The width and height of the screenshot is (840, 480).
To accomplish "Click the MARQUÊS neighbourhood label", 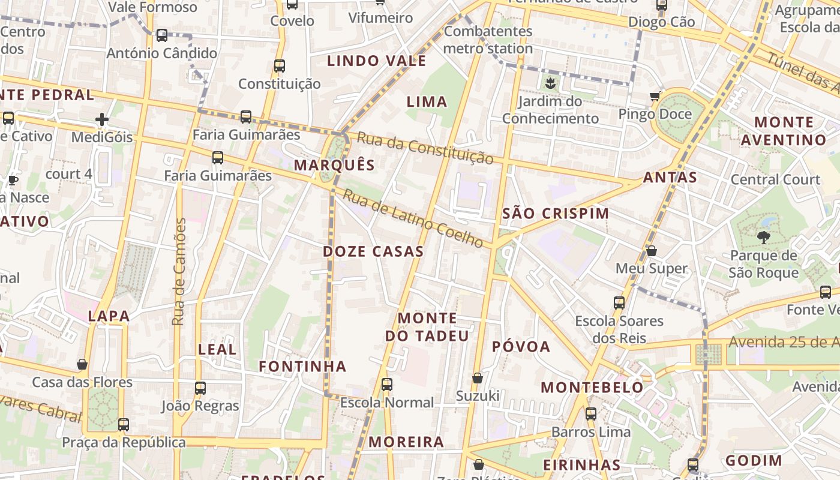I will click(334, 165).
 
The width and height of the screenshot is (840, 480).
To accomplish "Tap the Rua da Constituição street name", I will click(425, 148).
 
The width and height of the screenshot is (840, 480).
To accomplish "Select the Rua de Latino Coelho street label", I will click(413, 218).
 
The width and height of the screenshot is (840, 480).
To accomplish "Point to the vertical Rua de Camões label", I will click(179, 272).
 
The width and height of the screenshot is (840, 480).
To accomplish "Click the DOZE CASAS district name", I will click(373, 251).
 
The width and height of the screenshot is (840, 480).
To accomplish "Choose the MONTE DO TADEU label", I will click(427, 327).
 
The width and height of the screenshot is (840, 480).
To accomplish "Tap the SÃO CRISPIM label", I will click(555, 214).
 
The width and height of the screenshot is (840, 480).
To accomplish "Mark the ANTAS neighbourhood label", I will click(670, 178).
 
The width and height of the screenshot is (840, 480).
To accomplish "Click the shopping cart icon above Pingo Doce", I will click(655, 97).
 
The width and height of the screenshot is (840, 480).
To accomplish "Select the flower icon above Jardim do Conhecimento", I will click(550, 83).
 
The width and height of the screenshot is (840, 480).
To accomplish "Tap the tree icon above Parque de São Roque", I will click(763, 238).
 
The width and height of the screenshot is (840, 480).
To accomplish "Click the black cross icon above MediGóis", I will click(102, 119).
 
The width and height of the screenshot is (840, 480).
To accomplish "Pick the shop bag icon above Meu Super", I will click(652, 251).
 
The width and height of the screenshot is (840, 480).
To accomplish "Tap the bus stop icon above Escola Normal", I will click(387, 385).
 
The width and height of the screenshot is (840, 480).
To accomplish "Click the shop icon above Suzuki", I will click(478, 378).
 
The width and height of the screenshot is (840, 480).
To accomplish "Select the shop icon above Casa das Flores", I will click(82, 364).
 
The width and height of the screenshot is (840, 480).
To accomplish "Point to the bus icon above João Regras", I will click(200, 388).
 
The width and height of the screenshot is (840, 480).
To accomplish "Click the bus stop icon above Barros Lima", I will click(591, 414).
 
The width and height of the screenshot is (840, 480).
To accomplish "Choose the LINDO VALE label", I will click(377, 61).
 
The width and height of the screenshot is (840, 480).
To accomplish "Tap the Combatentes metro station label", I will click(488, 40).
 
